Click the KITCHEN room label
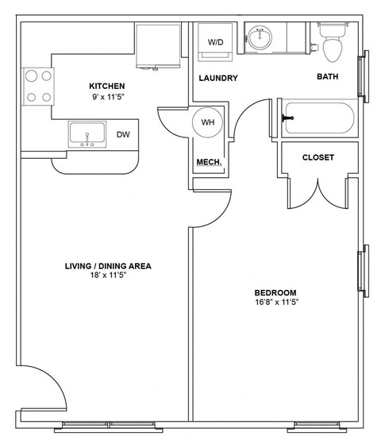pos(106,86)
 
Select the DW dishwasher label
pos(123,134)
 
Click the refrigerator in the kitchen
pos(158,47)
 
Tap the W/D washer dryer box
pos(215,43)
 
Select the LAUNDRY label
pos(218,78)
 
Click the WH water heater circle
pos(208,123)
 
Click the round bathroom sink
pos(260,37)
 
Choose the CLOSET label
pos(317,157)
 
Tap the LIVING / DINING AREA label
pos(109,266)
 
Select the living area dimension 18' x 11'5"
pos(109,277)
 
